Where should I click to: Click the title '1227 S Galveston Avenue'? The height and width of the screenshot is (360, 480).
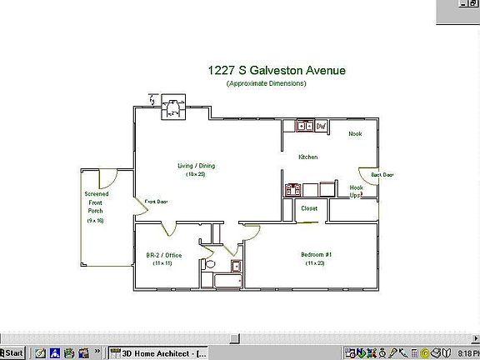(x=276, y=72)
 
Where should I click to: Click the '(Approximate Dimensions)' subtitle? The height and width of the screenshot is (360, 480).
(x=266, y=83)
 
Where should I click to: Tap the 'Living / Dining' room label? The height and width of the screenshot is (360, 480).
(x=196, y=166)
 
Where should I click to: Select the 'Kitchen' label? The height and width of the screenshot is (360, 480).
(x=308, y=157)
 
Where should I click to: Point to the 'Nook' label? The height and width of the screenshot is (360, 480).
(x=355, y=133)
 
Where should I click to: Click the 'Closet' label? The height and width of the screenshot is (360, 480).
(x=309, y=208)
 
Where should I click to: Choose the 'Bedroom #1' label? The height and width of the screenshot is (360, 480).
(x=316, y=254)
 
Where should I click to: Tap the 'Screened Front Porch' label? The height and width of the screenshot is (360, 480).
(x=97, y=202)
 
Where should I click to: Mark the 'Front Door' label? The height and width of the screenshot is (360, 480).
(x=157, y=202)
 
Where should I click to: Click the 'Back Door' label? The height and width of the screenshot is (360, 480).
(x=382, y=175)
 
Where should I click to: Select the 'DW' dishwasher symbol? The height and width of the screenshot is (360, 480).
(x=321, y=127)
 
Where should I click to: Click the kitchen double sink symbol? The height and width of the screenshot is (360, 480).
(x=302, y=127)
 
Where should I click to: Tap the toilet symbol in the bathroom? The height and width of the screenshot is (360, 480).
(x=210, y=265)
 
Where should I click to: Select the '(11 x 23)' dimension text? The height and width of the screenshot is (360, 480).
(x=316, y=263)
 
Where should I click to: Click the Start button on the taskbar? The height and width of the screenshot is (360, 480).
(x=12, y=352)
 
